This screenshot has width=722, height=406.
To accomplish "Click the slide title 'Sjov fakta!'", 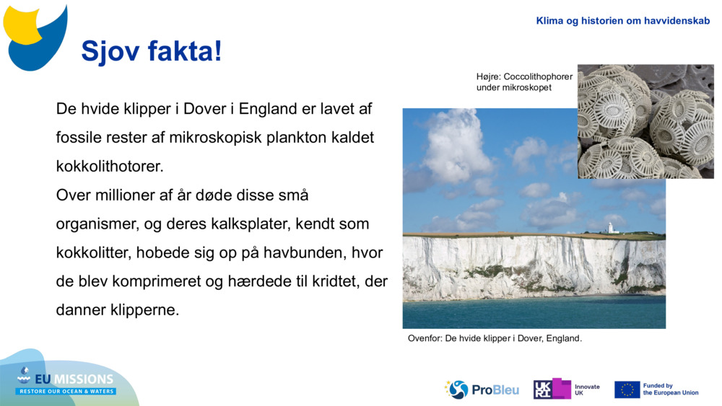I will [152, 52].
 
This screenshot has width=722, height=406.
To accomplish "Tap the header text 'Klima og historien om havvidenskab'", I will [622, 21].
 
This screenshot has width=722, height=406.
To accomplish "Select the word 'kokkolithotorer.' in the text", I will [110, 166].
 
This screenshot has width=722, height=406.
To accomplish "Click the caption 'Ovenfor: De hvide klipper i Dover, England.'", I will [495, 338].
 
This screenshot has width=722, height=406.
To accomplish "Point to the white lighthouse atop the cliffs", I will [610, 228].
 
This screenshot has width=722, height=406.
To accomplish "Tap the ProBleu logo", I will [482, 389].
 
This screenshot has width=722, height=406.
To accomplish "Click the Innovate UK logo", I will [567, 389].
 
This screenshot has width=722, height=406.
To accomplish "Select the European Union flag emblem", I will [627, 389].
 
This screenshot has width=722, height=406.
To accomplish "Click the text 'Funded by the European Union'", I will [671, 389].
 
